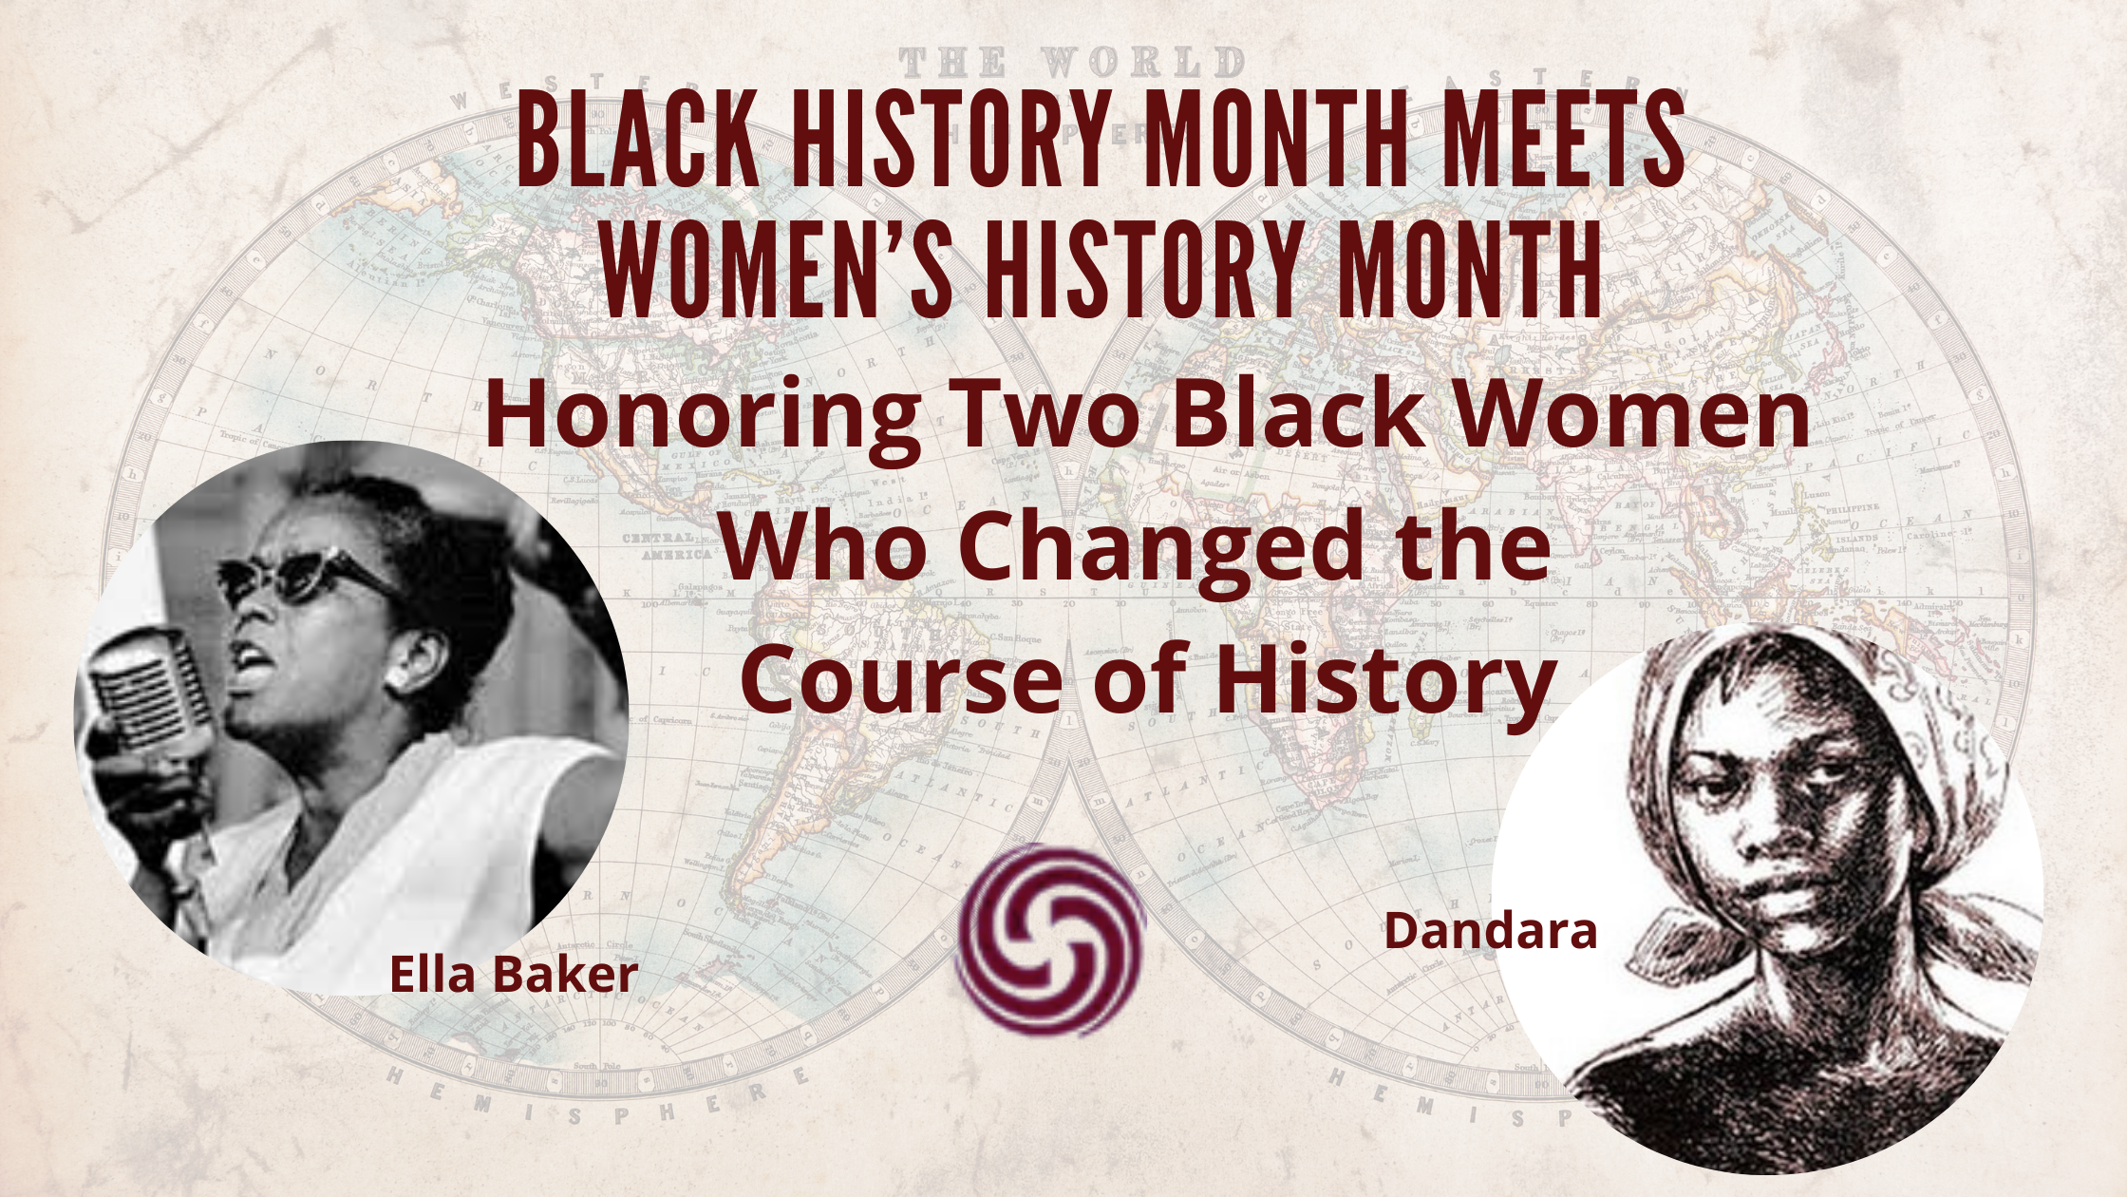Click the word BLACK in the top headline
(x=637, y=142)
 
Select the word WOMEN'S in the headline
(x=776, y=272)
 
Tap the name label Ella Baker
(x=513, y=975)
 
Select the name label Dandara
(x=1490, y=931)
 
